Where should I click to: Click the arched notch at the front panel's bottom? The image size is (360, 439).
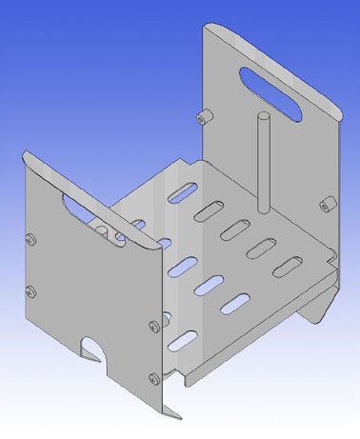[x=95, y=349]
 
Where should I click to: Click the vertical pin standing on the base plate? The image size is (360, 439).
[x=262, y=162]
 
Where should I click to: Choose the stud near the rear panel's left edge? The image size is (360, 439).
[x=202, y=118]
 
